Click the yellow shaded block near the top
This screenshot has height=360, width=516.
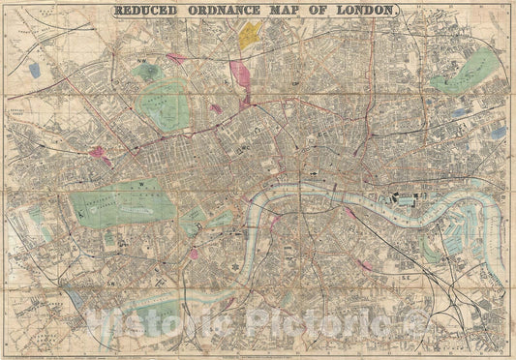click(251, 36)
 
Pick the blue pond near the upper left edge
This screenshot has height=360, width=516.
click(35, 71)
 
